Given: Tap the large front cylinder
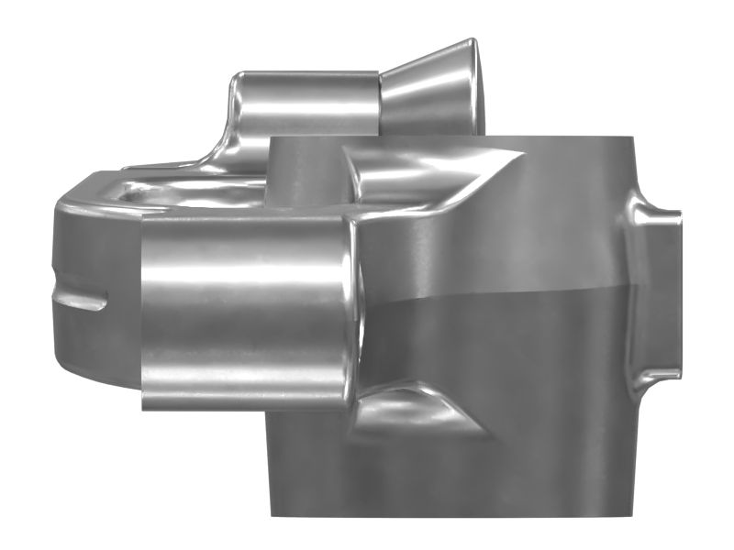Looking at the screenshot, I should (x=243, y=312).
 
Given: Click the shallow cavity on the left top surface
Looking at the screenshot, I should (x=183, y=192).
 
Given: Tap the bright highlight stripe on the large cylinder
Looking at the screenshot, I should (x=243, y=275).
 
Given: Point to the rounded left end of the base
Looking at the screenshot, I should (x=64, y=275).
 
